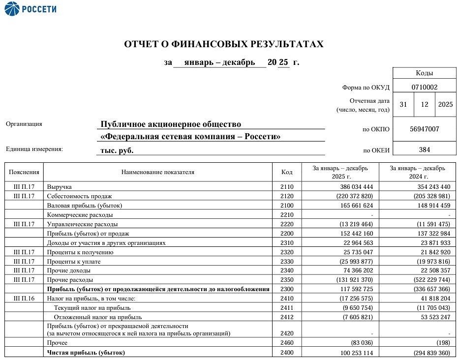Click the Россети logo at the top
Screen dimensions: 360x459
(x=31, y=9)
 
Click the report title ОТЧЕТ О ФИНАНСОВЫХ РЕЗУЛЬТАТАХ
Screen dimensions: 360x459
(x=224, y=44)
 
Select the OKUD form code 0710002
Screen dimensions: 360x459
(x=424, y=87)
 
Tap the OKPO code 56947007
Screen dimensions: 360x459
(x=424, y=129)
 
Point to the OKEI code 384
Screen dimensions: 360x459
(x=424, y=150)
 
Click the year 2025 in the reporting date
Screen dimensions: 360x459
(x=445, y=105)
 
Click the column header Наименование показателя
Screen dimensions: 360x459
(x=158, y=172)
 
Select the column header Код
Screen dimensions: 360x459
(x=287, y=172)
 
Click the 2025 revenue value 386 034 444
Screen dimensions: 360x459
(x=356, y=187)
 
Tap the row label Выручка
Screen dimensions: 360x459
(x=60, y=187)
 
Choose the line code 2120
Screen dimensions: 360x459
(x=287, y=196)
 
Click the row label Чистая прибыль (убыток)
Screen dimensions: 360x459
(x=86, y=353)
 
